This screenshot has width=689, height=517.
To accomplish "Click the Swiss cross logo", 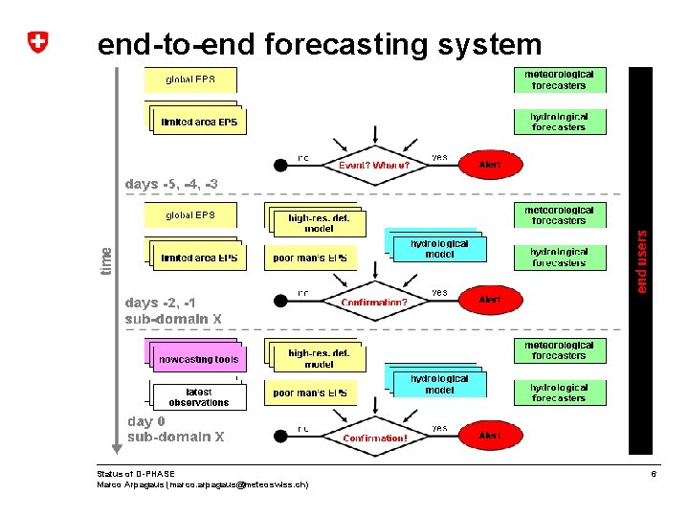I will (37, 42).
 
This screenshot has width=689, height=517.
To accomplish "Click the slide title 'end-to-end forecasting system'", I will (320, 44).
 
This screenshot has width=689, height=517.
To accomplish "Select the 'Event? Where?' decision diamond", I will (374, 165).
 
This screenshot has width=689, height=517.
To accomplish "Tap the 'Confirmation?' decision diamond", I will (374, 301).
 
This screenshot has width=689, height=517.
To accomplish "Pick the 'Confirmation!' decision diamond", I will (374, 437).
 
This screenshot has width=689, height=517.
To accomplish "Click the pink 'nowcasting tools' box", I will (199, 359).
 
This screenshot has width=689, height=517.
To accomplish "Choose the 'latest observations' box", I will (199, 397).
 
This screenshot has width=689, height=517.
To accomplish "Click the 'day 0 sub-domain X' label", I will (176, 429).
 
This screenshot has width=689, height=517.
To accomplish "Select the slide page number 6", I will (654, 474).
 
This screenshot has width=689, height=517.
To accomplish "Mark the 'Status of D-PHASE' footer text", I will (136, 474).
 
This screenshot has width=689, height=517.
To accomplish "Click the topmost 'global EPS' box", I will (190, 79).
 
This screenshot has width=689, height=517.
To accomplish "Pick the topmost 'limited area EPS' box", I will (199, 122).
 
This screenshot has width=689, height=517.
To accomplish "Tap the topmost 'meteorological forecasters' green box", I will (559, 79).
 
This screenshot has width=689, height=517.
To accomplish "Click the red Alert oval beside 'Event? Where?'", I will (489, 165).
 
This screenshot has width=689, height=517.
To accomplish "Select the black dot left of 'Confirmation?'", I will (280, 301).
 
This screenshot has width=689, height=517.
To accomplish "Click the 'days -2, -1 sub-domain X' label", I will (173, 310).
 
